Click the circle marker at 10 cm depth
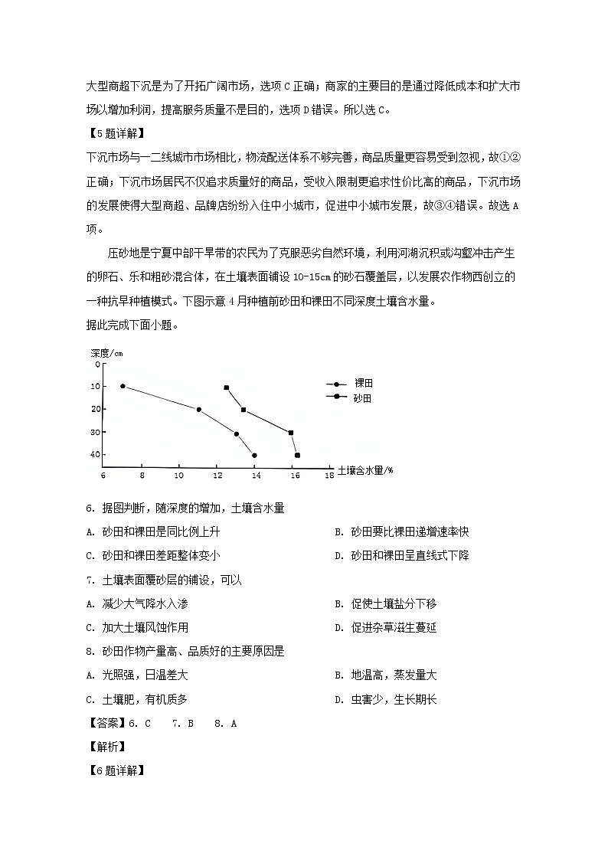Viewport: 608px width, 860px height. [x=123, y=386]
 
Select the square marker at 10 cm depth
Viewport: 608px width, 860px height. [x=227, y=387]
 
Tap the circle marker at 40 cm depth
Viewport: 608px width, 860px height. [x=254, y=456]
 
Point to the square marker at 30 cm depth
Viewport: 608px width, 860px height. [x=291, y=433]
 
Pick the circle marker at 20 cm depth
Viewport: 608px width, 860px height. [x=199, y=410]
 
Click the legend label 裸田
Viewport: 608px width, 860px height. [x=363, y=383]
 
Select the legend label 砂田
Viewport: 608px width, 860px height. [x=363, y=398]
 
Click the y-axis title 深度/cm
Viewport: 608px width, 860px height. [x=106, y=353]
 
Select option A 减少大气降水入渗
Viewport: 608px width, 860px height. [x=138, y=604]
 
